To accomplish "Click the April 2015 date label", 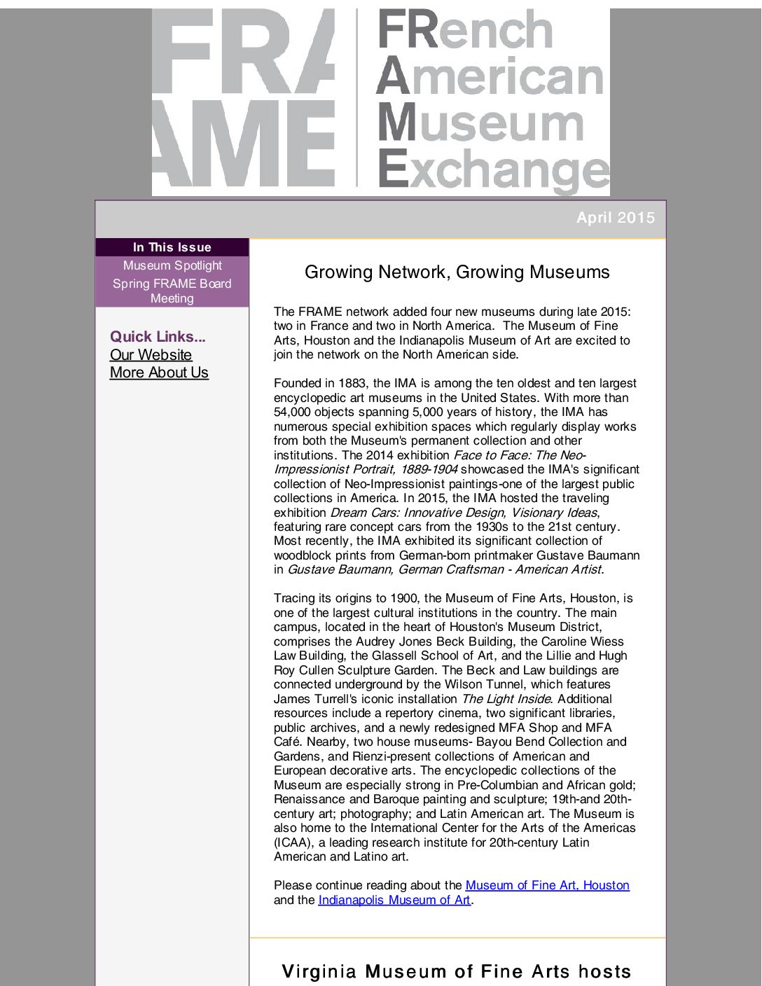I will coord(615,218).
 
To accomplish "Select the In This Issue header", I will coord(172,247).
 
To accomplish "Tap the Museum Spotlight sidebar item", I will coord(172,265).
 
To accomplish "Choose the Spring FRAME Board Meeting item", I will coord(172,291).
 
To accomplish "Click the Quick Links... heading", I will coord(158,336).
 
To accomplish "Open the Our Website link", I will coord(151,355).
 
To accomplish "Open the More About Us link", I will coord(159,373).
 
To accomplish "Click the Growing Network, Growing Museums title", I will coord(457,272).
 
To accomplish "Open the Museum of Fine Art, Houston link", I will coord(547,885).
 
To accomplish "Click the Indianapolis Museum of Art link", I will coord(394,900).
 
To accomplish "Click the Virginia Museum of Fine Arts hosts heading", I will coord(457,971).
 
